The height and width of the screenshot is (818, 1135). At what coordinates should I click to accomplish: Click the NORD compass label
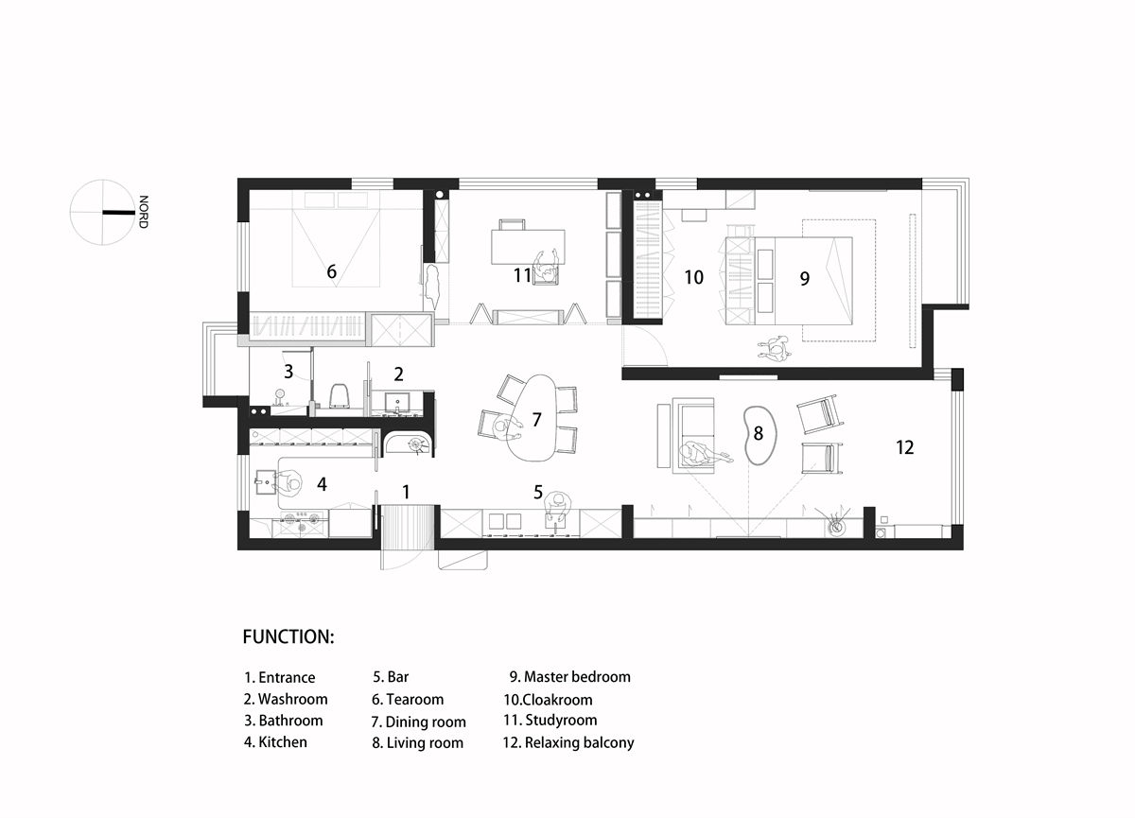coord(144,212)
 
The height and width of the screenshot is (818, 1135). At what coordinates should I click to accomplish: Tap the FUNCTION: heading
coord(288,636)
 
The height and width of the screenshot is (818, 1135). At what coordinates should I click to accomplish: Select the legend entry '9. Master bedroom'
coord(570,677)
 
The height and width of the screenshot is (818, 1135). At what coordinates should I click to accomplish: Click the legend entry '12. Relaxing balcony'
coord(568,742)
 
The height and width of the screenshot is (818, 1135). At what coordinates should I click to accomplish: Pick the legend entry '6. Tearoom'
coord(408,700)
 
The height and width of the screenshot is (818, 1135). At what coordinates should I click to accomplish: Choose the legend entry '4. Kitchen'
coord(275,742)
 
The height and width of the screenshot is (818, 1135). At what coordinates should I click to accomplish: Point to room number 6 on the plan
coord(331,271)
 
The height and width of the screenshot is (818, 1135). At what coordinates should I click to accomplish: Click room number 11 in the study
coord(522,275)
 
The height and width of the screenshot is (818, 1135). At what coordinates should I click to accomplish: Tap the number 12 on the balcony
coord(904,447)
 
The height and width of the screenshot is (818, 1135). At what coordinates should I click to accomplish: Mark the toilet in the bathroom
coord(340,395)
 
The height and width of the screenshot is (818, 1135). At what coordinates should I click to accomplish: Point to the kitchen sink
coord(265,481)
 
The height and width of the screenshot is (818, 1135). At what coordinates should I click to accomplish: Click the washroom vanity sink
coord(397,403)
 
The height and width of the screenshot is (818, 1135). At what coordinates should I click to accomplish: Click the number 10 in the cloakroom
coord(693,277)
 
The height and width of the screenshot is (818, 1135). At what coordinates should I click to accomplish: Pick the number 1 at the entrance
coord(406,492)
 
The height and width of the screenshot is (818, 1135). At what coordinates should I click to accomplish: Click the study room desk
coord(528,247)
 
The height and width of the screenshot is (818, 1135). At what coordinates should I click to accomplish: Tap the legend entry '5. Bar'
coord(391,677)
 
